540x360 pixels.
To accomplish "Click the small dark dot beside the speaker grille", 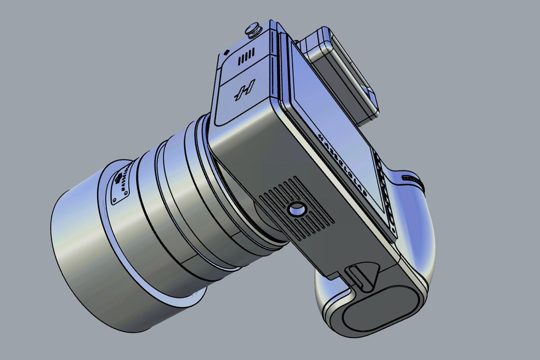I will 226,52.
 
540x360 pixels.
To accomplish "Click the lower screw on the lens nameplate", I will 114,201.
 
